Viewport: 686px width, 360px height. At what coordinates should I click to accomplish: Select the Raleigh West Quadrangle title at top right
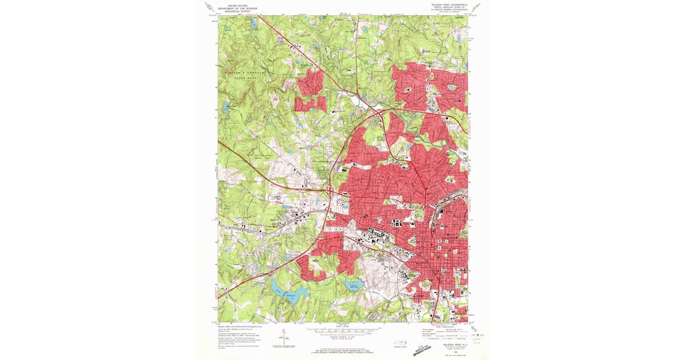point(449,4)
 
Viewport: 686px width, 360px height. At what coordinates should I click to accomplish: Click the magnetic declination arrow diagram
point(281,338)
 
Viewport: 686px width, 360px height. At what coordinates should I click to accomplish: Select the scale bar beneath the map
point(342,330)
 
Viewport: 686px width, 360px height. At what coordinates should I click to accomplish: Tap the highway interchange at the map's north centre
point(378,111)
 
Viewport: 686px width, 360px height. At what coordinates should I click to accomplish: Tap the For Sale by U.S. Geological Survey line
point(342,347)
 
